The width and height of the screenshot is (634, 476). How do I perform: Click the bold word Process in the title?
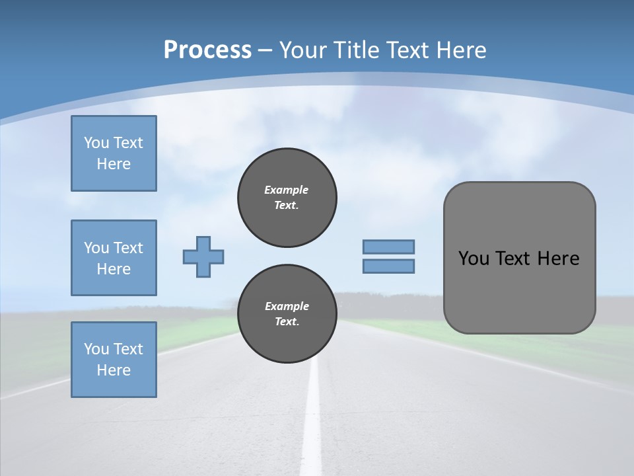pos(207,50)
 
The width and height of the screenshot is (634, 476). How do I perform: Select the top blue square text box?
pos(114,153)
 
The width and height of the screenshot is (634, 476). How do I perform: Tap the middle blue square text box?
pos(114,258)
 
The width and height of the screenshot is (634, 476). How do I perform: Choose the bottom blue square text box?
pos(114,360)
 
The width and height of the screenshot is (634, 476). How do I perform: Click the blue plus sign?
pos(203,257)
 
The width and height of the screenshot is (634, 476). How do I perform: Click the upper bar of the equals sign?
pos(388,247)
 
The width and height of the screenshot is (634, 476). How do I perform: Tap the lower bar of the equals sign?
pos(388,266)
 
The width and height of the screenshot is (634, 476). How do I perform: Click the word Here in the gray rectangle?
pos(558,258)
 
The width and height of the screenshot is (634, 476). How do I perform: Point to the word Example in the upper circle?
pos(286,190)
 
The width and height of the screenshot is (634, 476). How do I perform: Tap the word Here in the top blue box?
pos(114,164)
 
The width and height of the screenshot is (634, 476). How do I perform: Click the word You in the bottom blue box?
pos(96,349)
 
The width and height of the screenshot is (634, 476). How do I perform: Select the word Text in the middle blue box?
pos(127,248)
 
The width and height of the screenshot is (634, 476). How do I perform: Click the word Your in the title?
pos(304,50)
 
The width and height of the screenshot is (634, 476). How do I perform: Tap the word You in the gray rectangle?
pos(474,258)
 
